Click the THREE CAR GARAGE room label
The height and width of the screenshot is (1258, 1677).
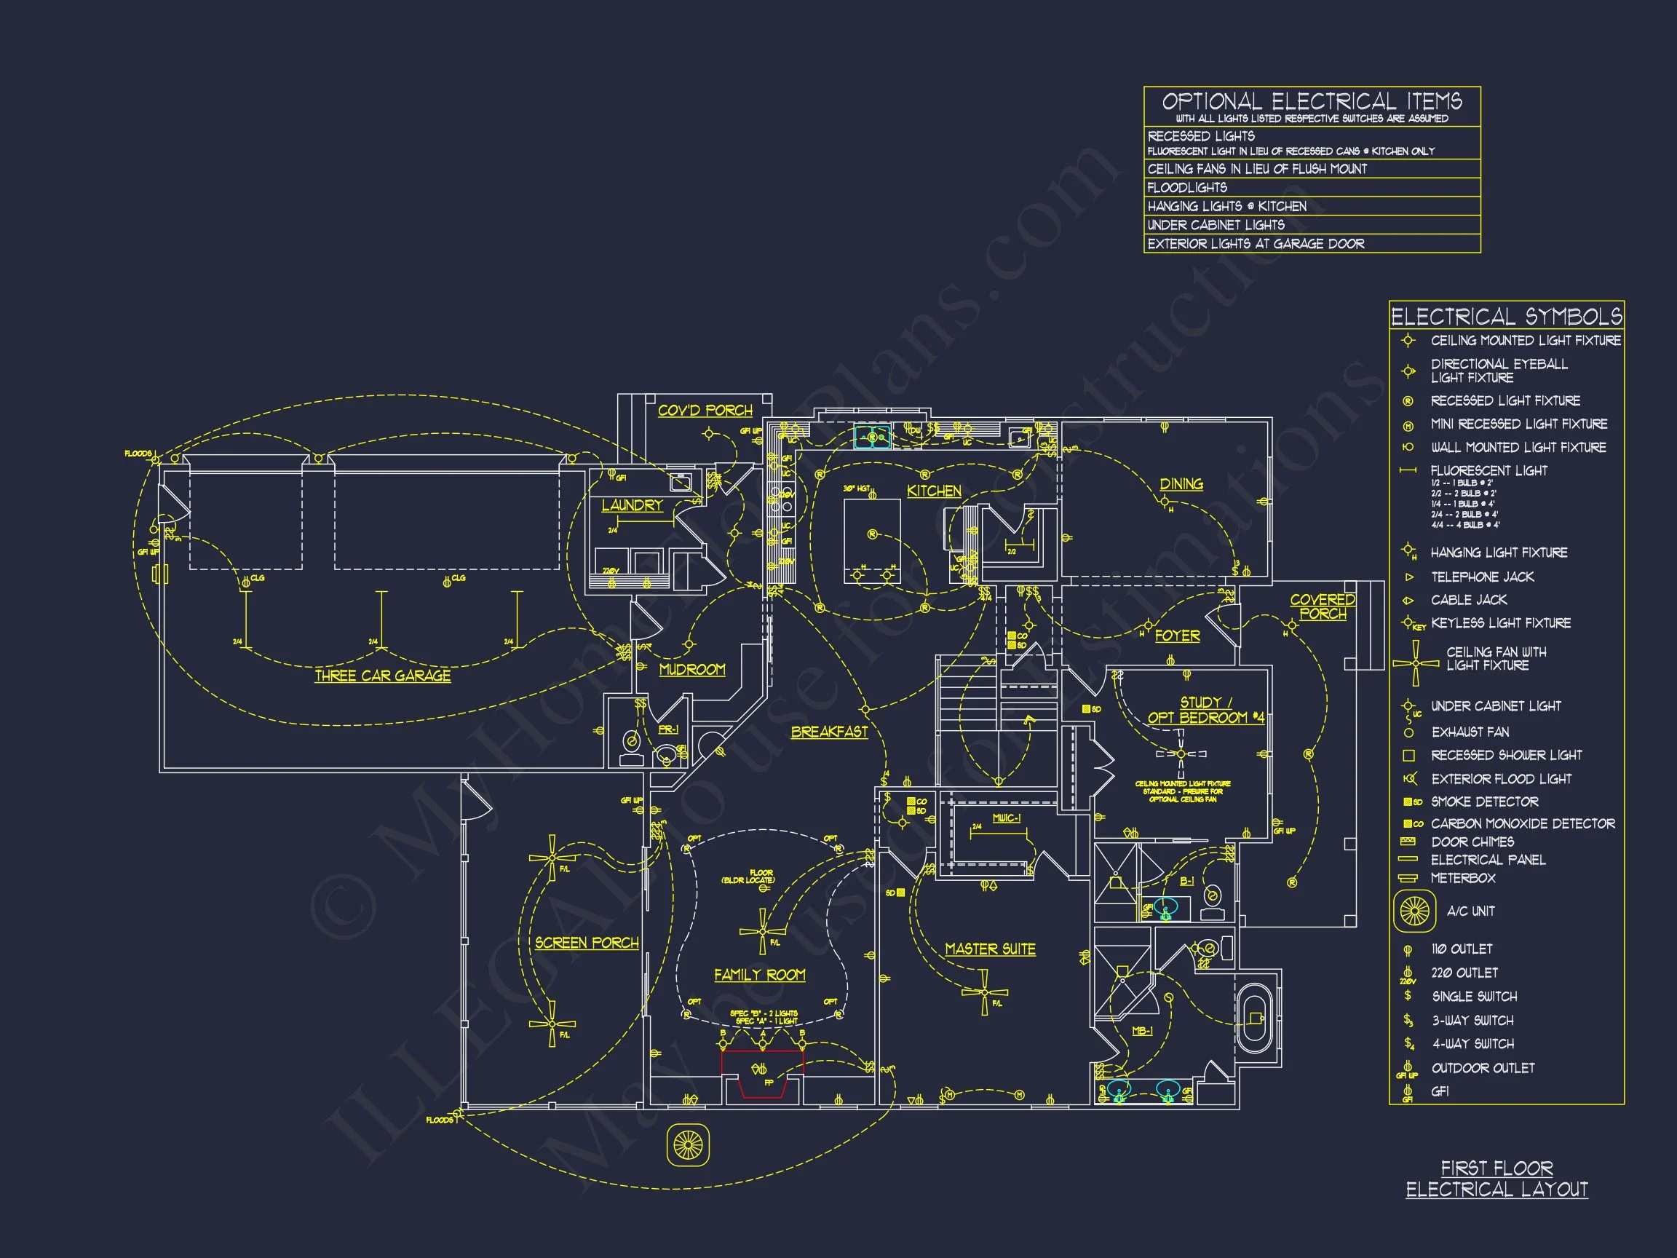(382, 675)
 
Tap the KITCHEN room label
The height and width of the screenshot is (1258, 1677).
(934, 491)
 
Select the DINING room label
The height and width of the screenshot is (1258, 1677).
(1181, 484)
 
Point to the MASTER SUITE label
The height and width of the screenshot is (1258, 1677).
(990, 949)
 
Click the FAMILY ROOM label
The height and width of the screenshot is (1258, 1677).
(760, 974)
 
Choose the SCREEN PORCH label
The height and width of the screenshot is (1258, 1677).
(587, 943)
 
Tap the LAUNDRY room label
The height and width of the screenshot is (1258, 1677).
(632, 505)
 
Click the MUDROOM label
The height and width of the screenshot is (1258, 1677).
(691, 670)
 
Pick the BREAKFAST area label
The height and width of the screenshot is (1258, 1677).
(830, 732)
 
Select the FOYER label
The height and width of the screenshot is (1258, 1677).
(1178, 636)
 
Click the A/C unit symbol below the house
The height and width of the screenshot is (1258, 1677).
(688, 1144)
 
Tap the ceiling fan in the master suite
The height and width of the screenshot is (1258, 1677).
(984, 992)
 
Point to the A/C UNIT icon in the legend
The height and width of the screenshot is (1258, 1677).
(1415, 911)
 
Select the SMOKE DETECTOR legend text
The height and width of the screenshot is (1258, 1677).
(1484, 802)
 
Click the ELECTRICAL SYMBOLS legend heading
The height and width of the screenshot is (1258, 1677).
(1507, 315)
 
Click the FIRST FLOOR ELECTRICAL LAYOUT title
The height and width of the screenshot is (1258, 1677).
(1496, 1179)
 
